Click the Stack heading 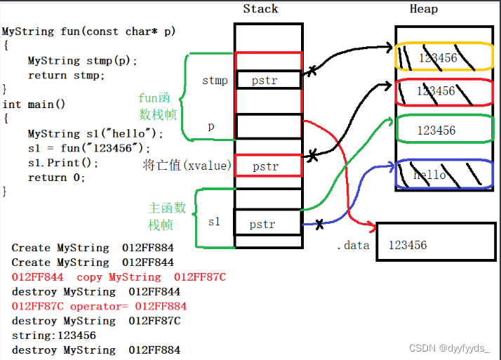click(x=260, y=9)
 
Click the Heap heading click(x=423, y=9)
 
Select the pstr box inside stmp click(x=269, y=80)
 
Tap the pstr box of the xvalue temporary click(x=269, y=166)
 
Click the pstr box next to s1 click(x=268, y=225)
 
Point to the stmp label click(x=215, y=80)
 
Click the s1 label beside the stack click(x=214, y=222)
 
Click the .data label click(x=352, y=245)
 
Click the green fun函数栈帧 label click(x=156, y=107)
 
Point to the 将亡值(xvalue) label click(x=185, y=166)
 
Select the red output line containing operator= click(x=99, y=306)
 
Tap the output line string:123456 click(x=54, y=335)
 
